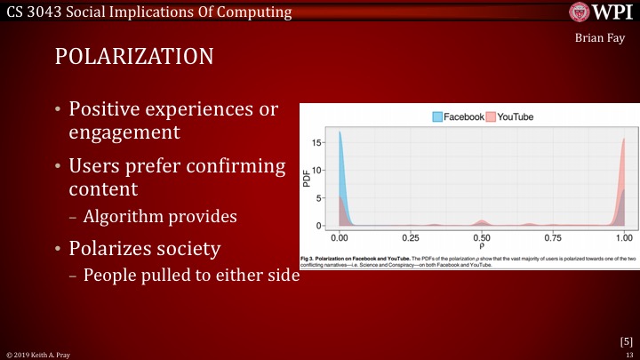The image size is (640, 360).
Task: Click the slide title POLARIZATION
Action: click(133, 55)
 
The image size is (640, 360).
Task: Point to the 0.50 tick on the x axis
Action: click(481, 238)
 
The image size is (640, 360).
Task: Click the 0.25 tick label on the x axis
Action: click(410, 238)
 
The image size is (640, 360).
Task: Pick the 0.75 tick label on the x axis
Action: click(553, 238)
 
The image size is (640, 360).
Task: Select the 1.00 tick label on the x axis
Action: click(624, 238)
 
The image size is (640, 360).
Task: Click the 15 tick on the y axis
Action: click(320, 141)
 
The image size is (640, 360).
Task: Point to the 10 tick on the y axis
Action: click(320, 170)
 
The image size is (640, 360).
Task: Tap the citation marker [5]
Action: click(626, 340)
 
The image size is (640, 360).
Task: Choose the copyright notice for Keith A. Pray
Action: click(40, 354)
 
